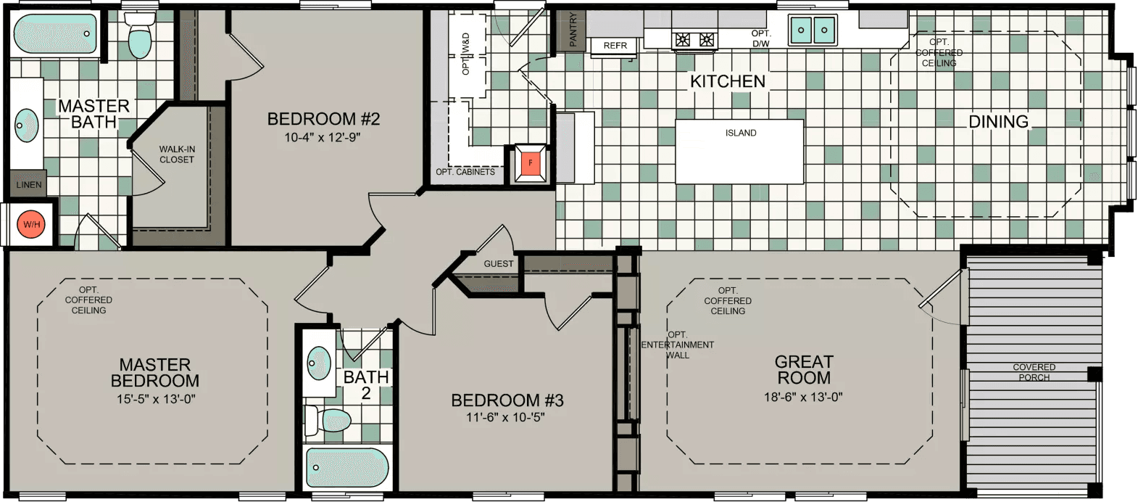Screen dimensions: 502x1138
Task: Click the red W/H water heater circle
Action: click(x=31, y=224)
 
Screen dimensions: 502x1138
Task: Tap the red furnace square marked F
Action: click(x=531, y=163)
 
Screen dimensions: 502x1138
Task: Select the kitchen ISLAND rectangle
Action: click(x=739, y=151)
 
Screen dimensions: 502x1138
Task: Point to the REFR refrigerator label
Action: click(x=615, y=46)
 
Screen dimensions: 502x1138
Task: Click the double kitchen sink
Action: click(x=813, y=30)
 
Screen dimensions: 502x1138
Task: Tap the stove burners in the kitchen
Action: click(x=694, y=40)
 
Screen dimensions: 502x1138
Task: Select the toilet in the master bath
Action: click(x=139, y=36)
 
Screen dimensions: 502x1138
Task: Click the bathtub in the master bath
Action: click(x=55, y=34)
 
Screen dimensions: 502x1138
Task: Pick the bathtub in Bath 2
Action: click(x=346, y=468)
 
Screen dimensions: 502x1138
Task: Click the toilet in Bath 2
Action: click(x=330, y=420)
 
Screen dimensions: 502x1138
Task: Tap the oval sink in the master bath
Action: click(x=27, y=126)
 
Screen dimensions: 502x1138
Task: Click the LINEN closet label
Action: click(x=29, y=185)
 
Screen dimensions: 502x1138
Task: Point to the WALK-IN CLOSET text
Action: click(x=177, y=155)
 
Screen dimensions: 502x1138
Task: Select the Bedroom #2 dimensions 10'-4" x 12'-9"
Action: click(x=322, y=137)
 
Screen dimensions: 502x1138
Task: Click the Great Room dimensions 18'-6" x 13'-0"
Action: click(x=803, y=397)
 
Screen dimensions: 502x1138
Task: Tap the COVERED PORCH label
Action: click(x=1034, y=372)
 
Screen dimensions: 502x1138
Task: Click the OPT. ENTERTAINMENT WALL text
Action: click(x=677, y=345)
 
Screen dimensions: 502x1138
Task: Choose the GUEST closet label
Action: click(x=499, y=264)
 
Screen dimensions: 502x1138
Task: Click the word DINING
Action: click(x=998, y=122)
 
